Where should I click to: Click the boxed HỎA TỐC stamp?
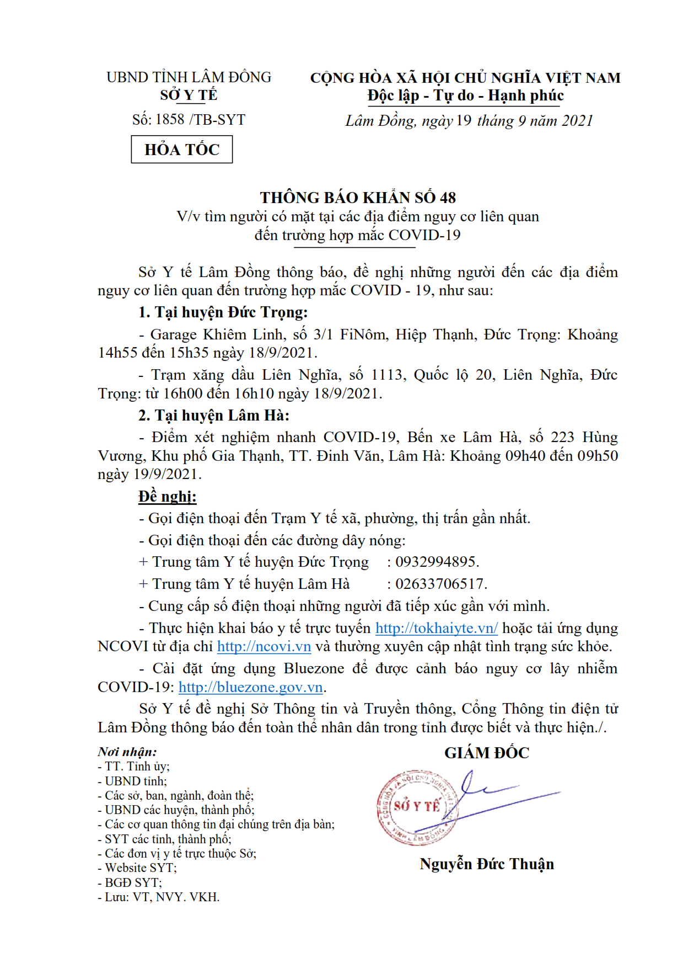pyautogui.click(x=181, y=150)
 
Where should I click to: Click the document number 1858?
pyautogui.click(x=170, y=119)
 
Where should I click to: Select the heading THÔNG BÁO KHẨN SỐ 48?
pyautogui.click(x=358, y=197)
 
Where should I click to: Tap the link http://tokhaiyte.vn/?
pyautogui.click(x=436, y=628)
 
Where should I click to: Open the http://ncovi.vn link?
pyautogui.click(x=263, y=646)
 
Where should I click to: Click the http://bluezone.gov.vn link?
pyautogui.click(x=250, y=687)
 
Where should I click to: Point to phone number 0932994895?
pyautogui.click(x=436, y=562)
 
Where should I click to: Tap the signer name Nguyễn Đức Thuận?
pyautogui.click(x=487, y=864)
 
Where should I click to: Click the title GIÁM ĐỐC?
pyautogui.click(x=487, y=753)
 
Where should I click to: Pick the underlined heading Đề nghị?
pyautogui.click(x=167, y=496)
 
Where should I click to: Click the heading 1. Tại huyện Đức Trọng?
pyautogui.click(x=223, y=312)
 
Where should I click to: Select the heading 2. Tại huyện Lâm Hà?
pyautogui.click(x=213, y=415)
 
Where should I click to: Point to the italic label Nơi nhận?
pyautogui.click(x=127, y=752)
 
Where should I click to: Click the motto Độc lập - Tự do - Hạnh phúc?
pyautogui.click(x=466, y=95)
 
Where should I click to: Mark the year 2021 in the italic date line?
pyautogui.click(x=577, y=120)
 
